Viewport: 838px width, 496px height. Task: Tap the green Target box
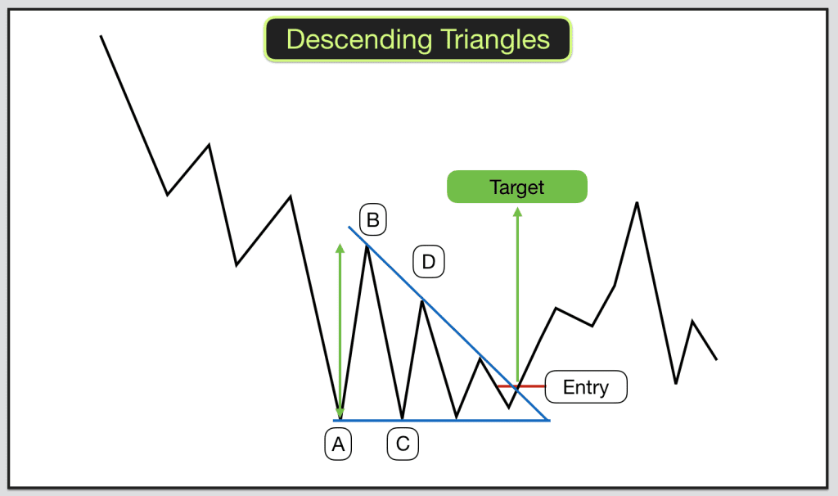coord(516,187)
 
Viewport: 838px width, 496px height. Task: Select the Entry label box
coord(585,386)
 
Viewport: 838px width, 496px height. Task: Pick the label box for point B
coord(372,220)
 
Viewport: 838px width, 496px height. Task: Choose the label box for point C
coord(403,444)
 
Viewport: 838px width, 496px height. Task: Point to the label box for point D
coord(428,262)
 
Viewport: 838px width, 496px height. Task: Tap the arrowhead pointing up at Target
coord(516,211)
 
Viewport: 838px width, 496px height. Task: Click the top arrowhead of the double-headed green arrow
coord(340,246)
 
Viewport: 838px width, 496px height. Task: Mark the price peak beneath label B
coord(367,246)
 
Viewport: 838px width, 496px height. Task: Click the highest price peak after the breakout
coord(637,202)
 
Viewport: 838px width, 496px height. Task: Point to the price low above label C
coord(403,418)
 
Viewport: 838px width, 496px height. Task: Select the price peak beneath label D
coord(421,301)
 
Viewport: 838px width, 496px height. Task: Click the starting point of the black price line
coord(101,36)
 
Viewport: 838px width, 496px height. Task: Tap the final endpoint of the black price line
coord(717,359)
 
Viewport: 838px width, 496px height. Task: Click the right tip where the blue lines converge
coord(548,420)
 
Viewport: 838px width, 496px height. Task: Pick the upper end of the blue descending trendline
coord(349,227)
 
